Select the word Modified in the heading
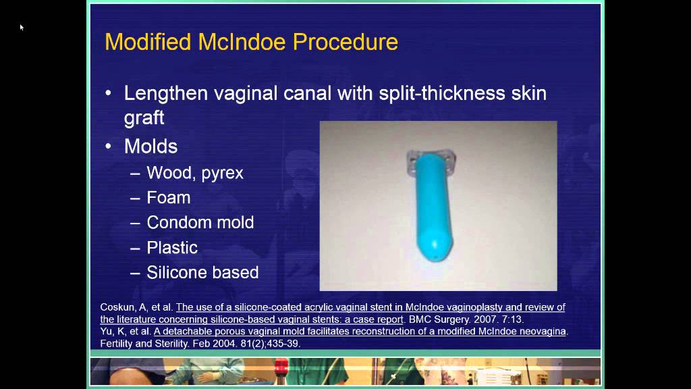(x=148, y=42)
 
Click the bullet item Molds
(x=150, y=146)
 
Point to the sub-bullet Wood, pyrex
(x=195, y=173)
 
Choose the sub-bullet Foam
(x=169, y=198)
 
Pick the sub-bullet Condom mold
(x=200, y=222)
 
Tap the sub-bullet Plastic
(x=172, y=247)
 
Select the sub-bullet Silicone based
(x=202, y=272)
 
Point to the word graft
(x=144, y=118)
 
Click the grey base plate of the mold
(x=432, y=164)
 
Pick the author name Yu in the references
(x=107, y=331)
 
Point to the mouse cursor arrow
(x=22, y=27)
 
